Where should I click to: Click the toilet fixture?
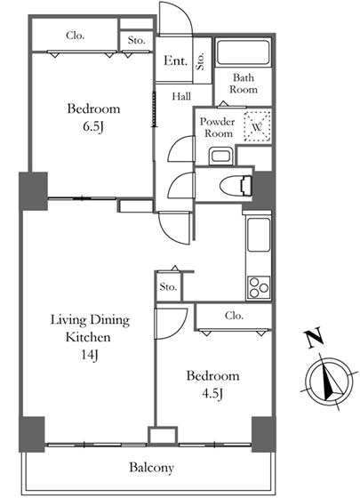pos(236,185)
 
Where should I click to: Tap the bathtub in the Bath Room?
pos(244,52)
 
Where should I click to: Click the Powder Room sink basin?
pos(221,157)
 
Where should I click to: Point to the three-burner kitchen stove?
pos(259,286)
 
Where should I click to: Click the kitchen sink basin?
pos(259,235)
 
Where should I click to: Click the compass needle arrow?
pos(330,382)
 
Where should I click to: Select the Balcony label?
pos(151,468)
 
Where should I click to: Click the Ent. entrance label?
pos(175,60)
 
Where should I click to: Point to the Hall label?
pos(181,96)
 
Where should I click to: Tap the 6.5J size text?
pos(93,126)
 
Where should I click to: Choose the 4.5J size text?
pos(212,394)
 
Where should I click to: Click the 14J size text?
pos(90,355)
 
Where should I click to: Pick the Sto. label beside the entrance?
pos(201,61)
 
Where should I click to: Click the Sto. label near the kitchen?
pos(168,287)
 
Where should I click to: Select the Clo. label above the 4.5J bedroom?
pos(234,316)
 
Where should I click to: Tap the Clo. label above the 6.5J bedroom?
pos(76,36)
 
